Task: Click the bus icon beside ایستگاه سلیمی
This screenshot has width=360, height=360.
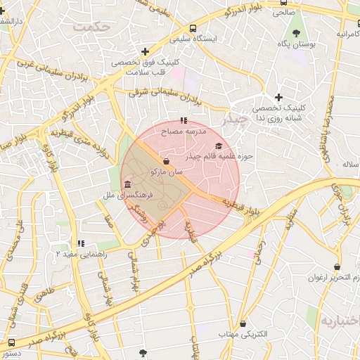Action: pos(193,29)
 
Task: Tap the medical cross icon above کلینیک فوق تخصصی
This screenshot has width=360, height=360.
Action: pos(145,51)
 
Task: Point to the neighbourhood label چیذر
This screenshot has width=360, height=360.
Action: pos(234,120)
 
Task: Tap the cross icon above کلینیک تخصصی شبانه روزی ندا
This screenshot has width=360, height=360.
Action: pos(278,97)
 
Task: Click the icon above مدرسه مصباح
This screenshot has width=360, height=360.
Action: pos(184,120)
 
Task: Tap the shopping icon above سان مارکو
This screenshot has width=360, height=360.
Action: pos(165,161)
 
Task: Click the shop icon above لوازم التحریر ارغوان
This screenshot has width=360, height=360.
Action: pos(337,267)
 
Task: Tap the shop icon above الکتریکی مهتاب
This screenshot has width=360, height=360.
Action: pos(243,324)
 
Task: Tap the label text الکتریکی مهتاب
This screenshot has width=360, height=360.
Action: pos(243,335)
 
